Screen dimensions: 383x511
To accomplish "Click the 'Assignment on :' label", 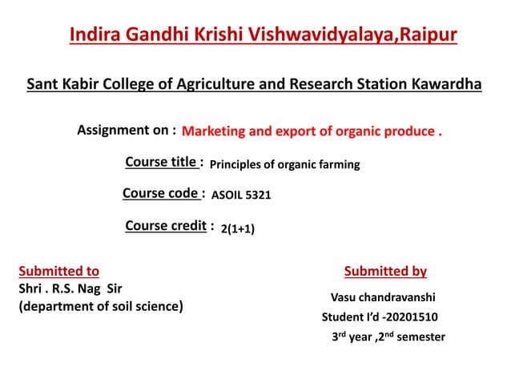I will click(127, 130).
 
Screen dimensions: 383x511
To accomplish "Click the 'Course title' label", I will click(162, 163).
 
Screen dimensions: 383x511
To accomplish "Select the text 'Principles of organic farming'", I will click(284, 165).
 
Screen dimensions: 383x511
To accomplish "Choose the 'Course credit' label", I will click(166, 226).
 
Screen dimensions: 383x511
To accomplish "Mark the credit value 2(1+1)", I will click(238, 229).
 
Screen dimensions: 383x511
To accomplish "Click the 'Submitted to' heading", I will click(58, 272).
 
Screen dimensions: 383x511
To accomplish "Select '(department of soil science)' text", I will click(101, 306).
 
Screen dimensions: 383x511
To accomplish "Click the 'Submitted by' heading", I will click(385, 272).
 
